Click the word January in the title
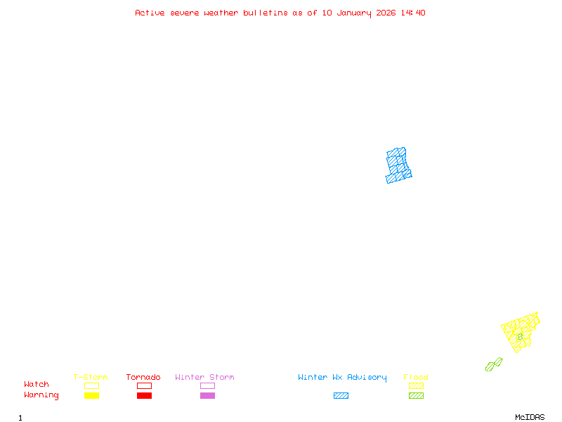(354, 13)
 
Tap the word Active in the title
(150, 13)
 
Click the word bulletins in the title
(266, 13)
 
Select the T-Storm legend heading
(91, 377)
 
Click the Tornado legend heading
(143, 377)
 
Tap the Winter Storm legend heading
(204, 377)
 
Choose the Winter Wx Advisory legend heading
(342, 378)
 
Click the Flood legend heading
(416, 377)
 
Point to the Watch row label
(37, 384)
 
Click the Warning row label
(41, 395)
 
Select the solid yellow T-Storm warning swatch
(92, 395)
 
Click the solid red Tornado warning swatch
(145, 395)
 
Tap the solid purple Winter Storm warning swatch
(207, 395)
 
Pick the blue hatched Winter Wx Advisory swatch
(341, 395)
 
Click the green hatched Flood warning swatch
(416, 395)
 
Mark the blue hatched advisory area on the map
(398, 166)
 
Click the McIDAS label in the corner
(530, 417)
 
